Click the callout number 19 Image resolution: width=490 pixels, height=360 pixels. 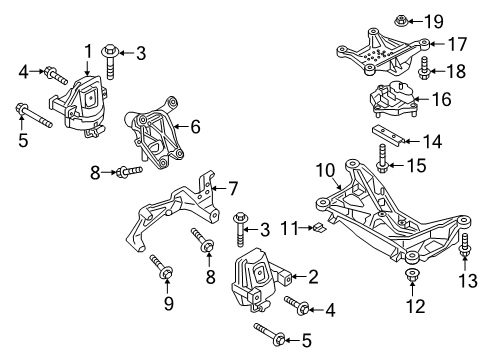pyautogui.click(x=434, y=21)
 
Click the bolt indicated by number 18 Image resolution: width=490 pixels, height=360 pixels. pyautogui.click(x=424, y=68)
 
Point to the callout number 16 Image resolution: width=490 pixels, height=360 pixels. pyautogui.click(x=442, y=99)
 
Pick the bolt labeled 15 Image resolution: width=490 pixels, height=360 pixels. pyautogui.click(x=382, y=158)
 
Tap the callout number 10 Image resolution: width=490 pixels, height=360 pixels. pyautogui.click(x=325, y=170)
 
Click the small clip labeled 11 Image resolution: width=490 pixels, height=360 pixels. pyautogui.click(x=319, y=228)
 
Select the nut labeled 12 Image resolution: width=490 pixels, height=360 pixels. pyautogui.click(x=412, y=276)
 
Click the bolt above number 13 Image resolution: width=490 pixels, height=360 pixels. pyautogui.click(x=465, y=245)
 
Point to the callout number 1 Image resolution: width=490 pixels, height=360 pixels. pyautogui.click(x=88, y=51)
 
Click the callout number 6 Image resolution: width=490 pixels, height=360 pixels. pyautogui.click(x=195, y=127)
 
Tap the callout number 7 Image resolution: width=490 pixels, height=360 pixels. pyautogui.click(x=233, y=188)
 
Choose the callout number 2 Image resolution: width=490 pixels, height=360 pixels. pyautogui.click(x=313, y=277)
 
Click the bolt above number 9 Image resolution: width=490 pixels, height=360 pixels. pyautogui.click(x=161, y=267)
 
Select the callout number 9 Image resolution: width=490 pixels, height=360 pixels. pyautogui.click(x=169, y=303)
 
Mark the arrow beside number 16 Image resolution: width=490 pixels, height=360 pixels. pyautogui.click(x=422, y=99)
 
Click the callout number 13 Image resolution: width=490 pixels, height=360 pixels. pyautogui.click(x=468, y=280)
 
